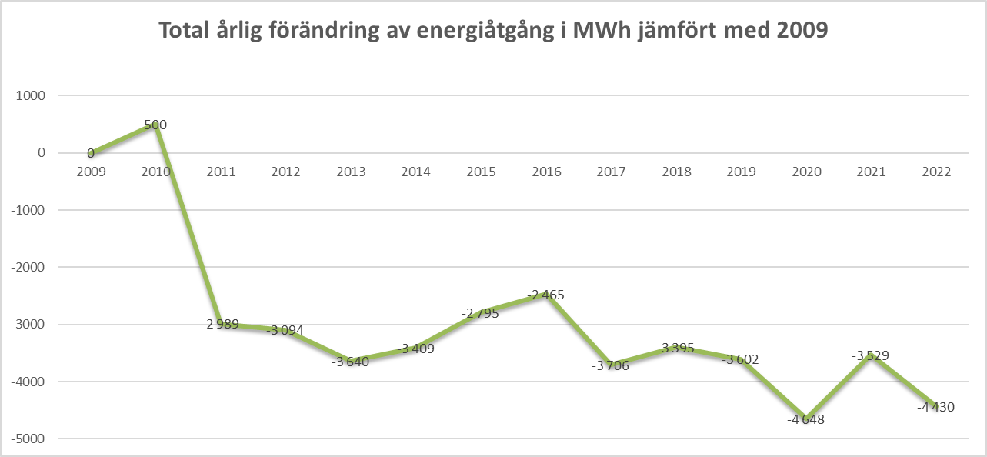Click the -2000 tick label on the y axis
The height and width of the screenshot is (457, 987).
pos(28,267)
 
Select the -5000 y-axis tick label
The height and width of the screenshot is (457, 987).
pos(28,439)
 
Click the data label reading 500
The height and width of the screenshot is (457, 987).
pos(155,125)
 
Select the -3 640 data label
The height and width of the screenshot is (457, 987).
pos(351,362)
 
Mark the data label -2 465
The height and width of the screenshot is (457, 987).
pos(546,295)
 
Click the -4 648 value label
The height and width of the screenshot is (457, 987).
pos(805,420)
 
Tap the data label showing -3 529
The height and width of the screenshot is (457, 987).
pos(871,356)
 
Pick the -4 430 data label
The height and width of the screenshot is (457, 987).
pos(935,408)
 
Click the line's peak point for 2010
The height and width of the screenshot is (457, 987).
pos(155,124)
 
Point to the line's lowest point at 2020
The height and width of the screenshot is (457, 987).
pos(805,418)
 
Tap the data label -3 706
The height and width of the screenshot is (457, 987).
pos(611,365)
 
